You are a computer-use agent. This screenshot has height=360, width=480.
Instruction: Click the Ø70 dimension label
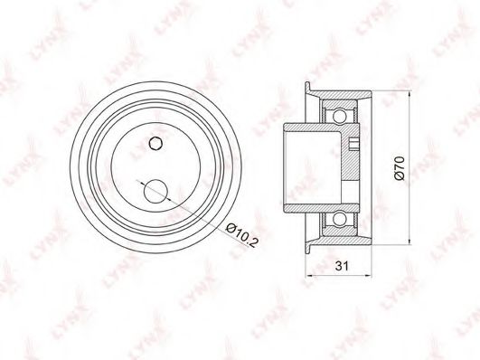[400, 168]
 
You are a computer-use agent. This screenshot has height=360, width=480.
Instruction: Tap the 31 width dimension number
[342, 266]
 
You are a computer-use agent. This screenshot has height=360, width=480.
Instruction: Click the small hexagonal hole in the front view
[155, 143]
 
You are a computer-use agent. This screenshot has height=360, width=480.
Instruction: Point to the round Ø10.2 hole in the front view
[155, 192]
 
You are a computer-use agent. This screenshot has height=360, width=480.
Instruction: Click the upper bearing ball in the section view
[339, 116]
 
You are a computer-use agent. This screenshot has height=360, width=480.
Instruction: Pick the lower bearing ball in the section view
[339, 220]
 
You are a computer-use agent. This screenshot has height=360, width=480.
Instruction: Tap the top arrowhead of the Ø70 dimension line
[409, 94]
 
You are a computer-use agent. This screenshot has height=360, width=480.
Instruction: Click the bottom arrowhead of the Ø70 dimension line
[409, 241]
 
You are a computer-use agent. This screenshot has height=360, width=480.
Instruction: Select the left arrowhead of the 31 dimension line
[309, 276]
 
